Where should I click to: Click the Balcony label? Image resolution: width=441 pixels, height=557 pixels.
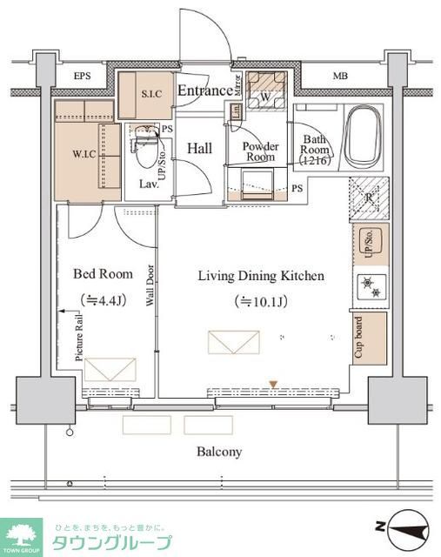219,452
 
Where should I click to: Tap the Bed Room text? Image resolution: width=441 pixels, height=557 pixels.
103,274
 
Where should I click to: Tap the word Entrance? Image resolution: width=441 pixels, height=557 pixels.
205,90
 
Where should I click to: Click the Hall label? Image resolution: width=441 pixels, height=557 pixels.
199,149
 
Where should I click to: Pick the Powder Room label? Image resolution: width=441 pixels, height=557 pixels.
259,151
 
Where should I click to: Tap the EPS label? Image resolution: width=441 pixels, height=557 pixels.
82,77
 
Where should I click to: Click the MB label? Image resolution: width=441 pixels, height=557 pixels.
340,77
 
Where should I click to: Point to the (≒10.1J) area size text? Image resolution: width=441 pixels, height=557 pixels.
261,302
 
